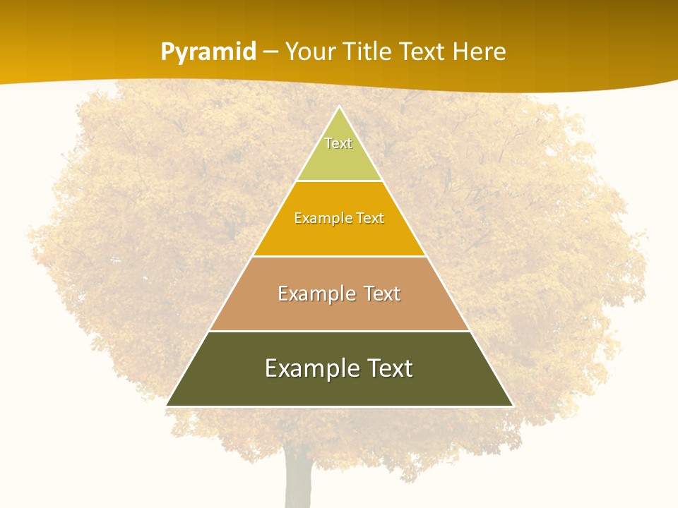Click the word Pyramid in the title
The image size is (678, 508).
point(208,52)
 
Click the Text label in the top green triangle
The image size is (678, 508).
point(338,143)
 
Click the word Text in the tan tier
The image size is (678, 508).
point(382,294)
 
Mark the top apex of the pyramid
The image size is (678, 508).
point(340,107)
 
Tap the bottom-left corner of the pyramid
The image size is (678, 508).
point(167,406)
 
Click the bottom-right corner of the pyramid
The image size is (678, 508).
point(512,406)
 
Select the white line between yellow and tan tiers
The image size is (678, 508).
point(339,256)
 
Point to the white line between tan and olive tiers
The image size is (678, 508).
point(339,331)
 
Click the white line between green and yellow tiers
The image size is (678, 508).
point(339,181)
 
